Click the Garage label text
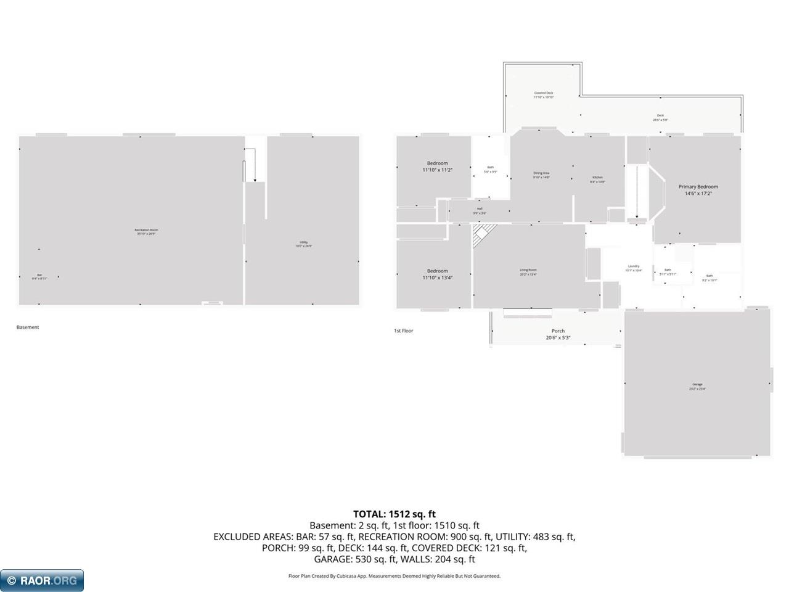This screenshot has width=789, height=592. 697,385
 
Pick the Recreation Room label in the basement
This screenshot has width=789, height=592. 146,231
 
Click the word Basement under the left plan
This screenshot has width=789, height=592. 28,327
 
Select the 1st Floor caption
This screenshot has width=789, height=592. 404,331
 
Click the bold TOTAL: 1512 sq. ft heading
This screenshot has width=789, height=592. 394,514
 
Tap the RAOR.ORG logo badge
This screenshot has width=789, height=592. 42,580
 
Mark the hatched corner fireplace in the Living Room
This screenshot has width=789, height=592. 483,234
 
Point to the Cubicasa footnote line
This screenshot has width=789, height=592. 394,576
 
